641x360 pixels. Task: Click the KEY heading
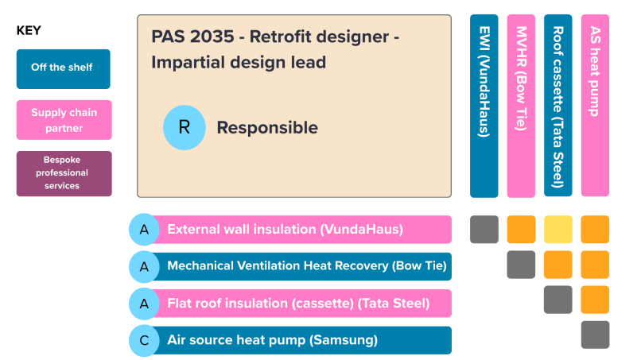coord(29,31)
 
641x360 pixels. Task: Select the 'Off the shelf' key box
coord(64,68)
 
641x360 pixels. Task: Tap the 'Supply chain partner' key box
coord(64,120)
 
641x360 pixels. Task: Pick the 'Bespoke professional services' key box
coord(64,173)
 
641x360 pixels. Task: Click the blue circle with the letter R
coord(184,128)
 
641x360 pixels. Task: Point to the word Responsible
coord(267,128)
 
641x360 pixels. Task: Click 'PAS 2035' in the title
coord(184,37)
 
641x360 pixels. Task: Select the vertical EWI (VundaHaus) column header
coord(484,105)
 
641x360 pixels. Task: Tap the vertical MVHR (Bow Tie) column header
coord(521,105)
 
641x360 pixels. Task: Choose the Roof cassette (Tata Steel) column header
coord(558,105)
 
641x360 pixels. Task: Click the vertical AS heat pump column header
coord(595,105)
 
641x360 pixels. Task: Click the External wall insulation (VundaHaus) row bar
coord(301,230)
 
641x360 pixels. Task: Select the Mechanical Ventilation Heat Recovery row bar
coord(301,266)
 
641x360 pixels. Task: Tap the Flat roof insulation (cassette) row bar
coord(301,304)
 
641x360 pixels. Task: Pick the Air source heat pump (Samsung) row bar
coord(301,340)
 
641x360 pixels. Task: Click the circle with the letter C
coord(144,340)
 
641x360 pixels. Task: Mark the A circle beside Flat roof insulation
coord(144,304)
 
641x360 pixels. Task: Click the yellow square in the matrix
coord(558,230)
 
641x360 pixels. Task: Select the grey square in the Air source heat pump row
coord(595,335)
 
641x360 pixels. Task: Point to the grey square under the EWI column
coord(484,230)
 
